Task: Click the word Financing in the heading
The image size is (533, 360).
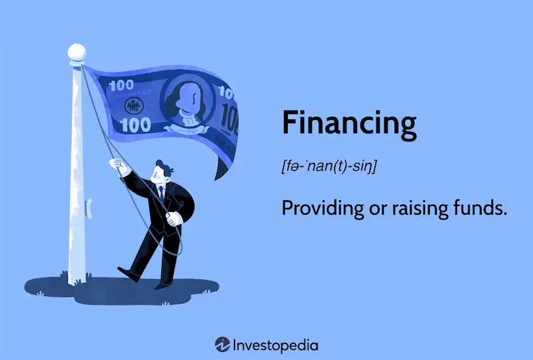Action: [x=348, y=125]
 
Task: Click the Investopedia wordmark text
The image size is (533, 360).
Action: [x=275, y=345]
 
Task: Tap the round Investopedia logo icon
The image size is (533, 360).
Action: [x=223, y=345]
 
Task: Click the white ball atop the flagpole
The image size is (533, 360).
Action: [x=77, y=51]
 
